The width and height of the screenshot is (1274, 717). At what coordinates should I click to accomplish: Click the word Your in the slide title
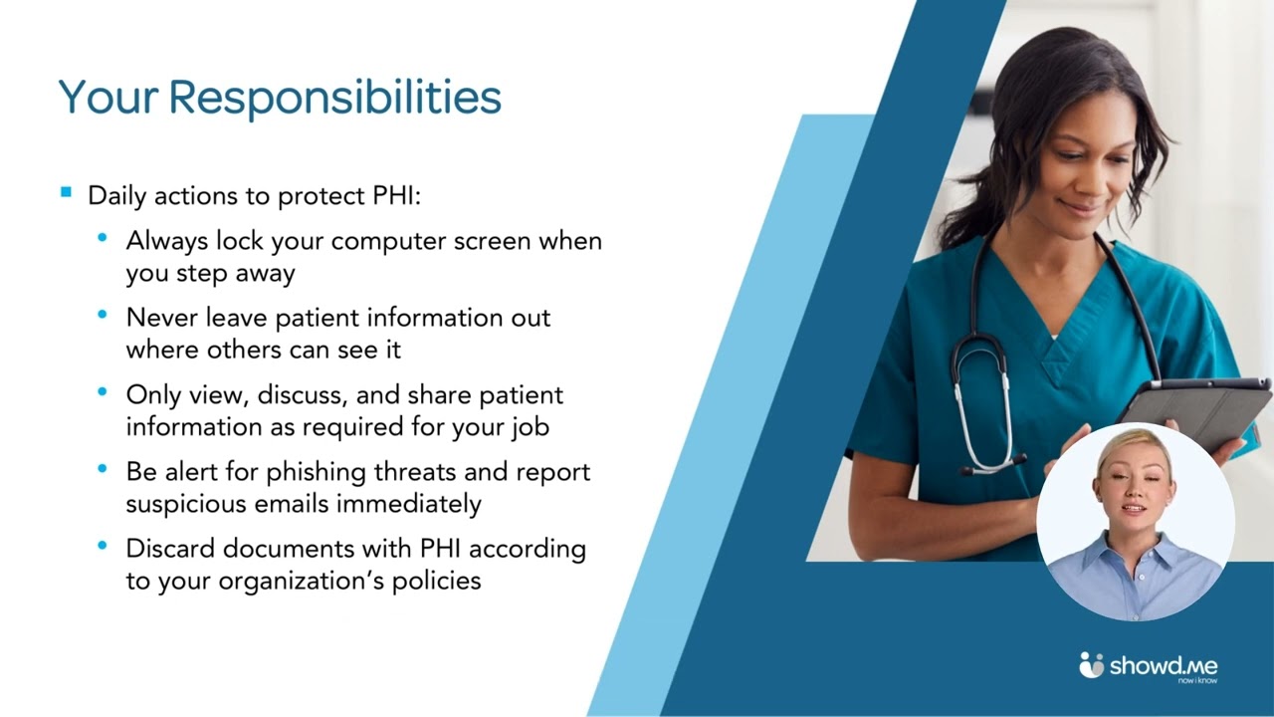click(108, 97)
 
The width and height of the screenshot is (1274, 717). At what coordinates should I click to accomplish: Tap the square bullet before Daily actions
click(66, 192)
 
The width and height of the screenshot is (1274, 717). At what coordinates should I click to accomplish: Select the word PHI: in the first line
click(396, 196)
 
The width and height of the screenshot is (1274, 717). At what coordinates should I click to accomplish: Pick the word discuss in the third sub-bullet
click(303, 395)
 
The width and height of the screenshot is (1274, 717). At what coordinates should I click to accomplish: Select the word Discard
click(170, 549)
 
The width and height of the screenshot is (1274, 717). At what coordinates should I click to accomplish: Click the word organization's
click(302, 582)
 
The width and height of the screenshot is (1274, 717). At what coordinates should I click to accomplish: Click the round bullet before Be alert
click(103, 469)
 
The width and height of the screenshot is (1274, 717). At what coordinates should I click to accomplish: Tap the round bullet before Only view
click(103, 391)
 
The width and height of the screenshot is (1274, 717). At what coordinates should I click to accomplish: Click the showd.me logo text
click(1164, 666)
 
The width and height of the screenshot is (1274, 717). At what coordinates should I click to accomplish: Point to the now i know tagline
click(1197, 680)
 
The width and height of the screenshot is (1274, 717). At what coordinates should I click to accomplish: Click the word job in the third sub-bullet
click(533, 427)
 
